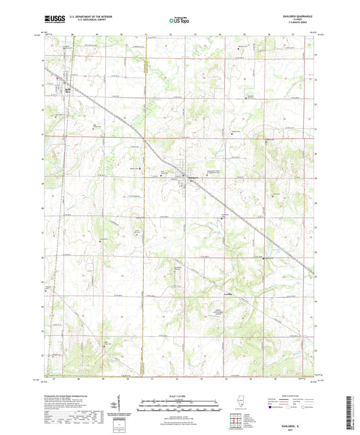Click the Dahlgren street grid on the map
(x=183, y=178)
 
